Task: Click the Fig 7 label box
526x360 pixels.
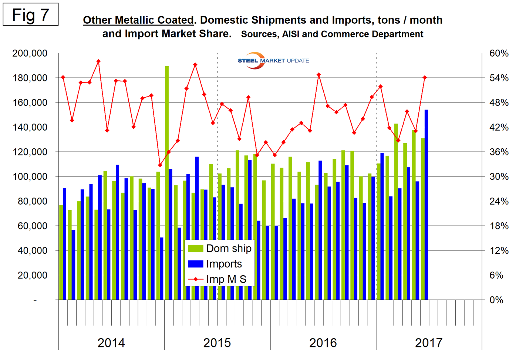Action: tap(30, 15)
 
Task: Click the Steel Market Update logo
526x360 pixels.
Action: tap(273, 61)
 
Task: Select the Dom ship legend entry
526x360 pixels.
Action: tap(220, 248)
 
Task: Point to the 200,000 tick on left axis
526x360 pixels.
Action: tap(30, 53)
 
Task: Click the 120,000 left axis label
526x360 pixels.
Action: tap(30, 152)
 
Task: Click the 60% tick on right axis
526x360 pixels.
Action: tap(499, 53)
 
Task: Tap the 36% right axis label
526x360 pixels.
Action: tap(499, 152)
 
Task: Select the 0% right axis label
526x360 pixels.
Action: tap(496, 300)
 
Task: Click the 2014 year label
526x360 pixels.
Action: tap(111, 343)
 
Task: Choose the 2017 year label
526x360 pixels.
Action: tap(428, 343)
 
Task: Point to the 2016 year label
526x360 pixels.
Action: tap(323, 343)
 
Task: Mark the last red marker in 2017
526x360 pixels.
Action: tap(425, 78)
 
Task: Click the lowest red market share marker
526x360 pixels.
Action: tap(160, 165)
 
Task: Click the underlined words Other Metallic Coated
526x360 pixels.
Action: tap(138, 20)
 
